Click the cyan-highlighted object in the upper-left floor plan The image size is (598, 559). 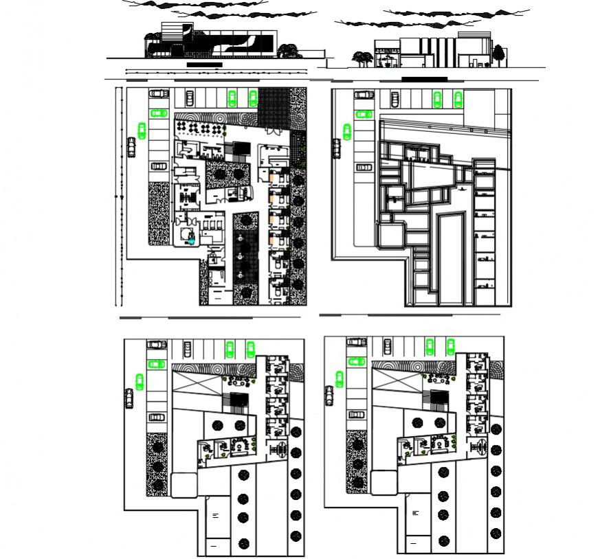point(191,237)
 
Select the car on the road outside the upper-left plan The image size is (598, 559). point(131,146)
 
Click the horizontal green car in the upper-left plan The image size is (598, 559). point(159,113)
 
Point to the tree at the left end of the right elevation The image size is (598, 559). point(359,58)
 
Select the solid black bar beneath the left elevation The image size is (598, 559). point(204,65)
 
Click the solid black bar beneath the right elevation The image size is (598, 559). point(424,79)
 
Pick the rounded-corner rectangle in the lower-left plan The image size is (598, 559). point(183,484)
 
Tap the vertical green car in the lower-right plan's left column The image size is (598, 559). point(339,378)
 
